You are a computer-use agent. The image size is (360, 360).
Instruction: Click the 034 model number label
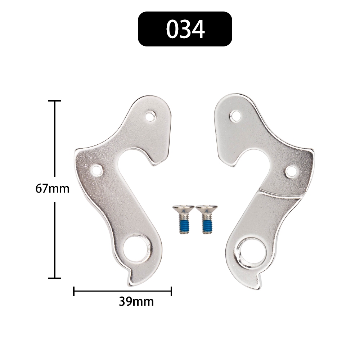(x=185, y=29)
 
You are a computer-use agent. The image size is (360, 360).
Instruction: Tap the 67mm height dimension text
(x=52, y=189)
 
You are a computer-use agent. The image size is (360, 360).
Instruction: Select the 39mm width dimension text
(x=136, y=302)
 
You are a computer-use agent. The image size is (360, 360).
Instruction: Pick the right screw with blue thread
(x=207, y=219)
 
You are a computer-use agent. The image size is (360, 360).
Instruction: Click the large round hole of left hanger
(x=137, y=248)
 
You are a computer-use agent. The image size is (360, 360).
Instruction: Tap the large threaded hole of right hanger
(x=252, y=252)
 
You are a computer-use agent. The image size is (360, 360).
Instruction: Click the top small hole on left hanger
(x=150, y=116)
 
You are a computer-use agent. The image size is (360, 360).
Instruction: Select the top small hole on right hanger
(x=235, y=116)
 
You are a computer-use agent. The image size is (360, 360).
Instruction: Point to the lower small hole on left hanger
(x=97, y=170)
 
